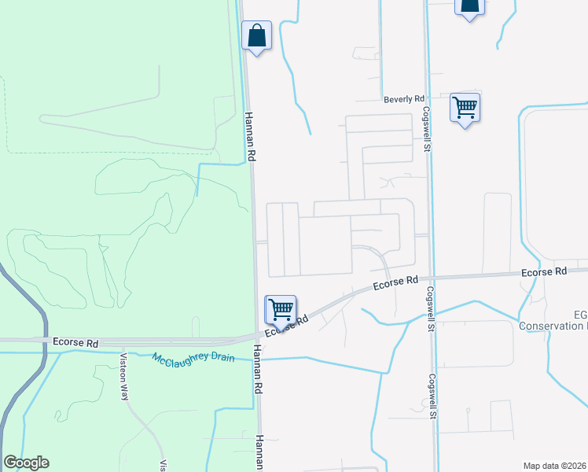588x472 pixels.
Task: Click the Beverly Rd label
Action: [403, 100]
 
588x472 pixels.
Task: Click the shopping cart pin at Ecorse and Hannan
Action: [281, 310]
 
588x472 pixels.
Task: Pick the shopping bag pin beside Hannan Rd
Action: [256, 36]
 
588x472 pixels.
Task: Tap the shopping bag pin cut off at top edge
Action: [469, 6]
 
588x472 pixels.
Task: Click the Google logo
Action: [26, 463]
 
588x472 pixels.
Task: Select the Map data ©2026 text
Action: [554, 466]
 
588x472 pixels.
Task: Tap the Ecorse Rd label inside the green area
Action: [75, 343]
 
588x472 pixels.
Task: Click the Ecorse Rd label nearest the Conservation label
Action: [544, 271]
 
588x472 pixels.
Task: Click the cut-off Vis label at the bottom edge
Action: [163, 465]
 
